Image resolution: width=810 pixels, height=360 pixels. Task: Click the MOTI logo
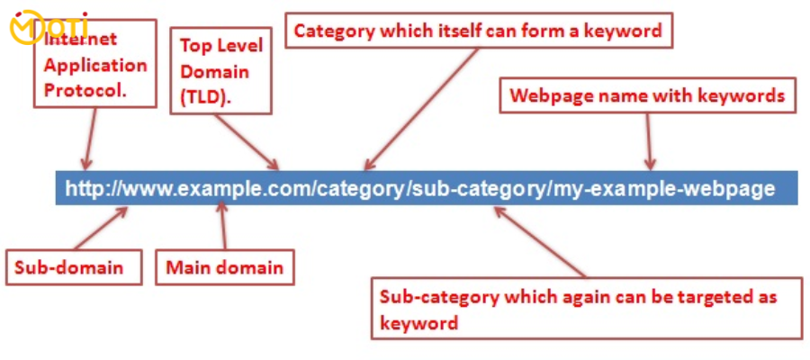(x=49, y=27)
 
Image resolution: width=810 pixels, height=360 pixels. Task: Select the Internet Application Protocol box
(x=95, y=64)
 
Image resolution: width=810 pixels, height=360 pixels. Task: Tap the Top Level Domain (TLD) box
(x=221, y=71)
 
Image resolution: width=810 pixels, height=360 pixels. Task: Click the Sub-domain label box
(x=74, y=267)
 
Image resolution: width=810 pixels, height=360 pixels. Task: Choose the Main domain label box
(x=225, y=267)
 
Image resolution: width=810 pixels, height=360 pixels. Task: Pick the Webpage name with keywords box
(x=648, y=95)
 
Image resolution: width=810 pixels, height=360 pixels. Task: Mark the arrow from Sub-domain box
(x=101, y=229)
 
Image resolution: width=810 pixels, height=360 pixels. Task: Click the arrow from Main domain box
(x=222, y=226)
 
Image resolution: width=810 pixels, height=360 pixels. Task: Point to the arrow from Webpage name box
(x=649, y=141)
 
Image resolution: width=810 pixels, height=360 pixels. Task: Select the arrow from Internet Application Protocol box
(x=91, y=139)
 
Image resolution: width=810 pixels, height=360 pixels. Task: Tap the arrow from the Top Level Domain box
(x=246, y=141)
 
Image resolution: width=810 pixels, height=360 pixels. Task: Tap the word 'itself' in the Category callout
(x=454, y=31)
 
